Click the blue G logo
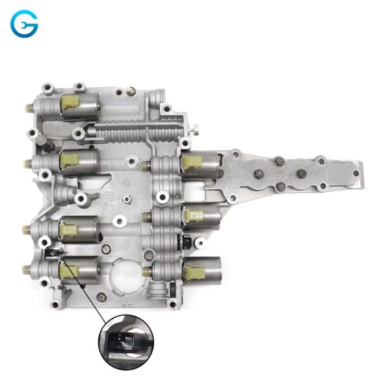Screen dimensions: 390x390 24,23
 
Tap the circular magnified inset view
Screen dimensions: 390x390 126,343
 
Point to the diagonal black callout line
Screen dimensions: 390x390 83,288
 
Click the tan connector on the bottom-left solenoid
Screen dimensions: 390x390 68,270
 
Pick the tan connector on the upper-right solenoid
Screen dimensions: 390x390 191,162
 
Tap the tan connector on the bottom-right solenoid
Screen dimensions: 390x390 194,272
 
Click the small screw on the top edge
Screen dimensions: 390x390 131,91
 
